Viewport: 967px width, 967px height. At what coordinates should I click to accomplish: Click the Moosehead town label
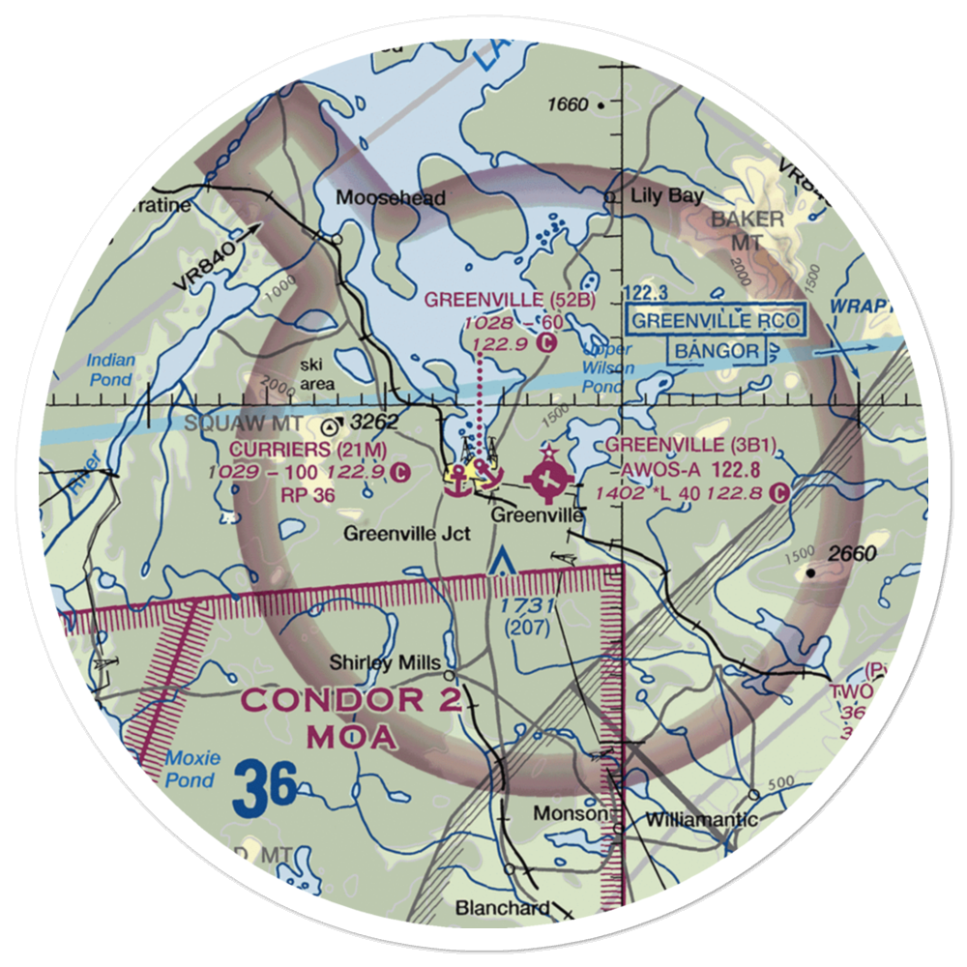pyautogui.click(x=391, y=198)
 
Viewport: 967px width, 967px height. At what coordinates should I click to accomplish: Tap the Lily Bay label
pyautogui.click(x=666, y=195)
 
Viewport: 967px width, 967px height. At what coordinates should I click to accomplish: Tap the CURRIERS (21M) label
pyautogui.click(x=308, y=450)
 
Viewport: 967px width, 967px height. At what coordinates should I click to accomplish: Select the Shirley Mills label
pyautogui.click(x=386, y=662)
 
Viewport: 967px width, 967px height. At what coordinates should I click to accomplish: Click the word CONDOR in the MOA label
pyautogui.click(x=319, y=700)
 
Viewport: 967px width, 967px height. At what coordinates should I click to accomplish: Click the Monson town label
pyautogui.click(x=576, y=815)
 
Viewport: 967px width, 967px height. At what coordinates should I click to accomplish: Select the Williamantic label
pyautogui.click(x=701, y=820)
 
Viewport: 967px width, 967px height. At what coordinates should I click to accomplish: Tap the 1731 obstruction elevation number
pyautogui.click(x=526, y=605)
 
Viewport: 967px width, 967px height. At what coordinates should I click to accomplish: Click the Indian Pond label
pyautogui.click(x=111, y=368)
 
